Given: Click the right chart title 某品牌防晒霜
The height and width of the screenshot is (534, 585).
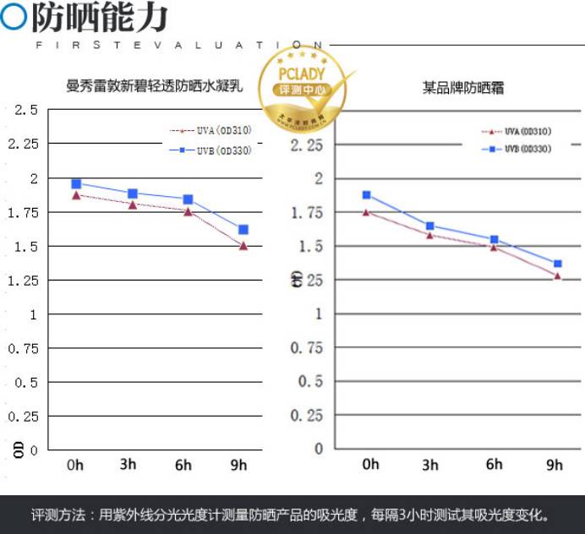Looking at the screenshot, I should pos(462,87).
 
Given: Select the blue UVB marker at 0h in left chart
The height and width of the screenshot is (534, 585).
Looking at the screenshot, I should pos(76,183).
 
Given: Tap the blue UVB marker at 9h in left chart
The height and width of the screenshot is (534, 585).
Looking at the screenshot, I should pos(243,229).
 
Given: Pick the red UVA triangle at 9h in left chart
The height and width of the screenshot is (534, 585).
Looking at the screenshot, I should pos(243,246).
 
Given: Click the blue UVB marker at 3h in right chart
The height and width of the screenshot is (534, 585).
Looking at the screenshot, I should pos(430,226).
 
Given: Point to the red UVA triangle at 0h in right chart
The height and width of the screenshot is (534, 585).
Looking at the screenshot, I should pos(367,212).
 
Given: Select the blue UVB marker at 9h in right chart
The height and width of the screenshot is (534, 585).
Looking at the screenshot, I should pos(557,264).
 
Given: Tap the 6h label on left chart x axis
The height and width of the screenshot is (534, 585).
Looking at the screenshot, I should pos(183,466).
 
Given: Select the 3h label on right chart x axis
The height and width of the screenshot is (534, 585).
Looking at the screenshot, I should pos(430,465).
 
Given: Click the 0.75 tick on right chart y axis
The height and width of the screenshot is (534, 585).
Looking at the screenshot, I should pos(307,347).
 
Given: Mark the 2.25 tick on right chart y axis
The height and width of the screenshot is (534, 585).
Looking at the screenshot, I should pos(307,145).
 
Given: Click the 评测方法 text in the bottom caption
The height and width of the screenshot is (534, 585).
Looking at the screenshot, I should pos(57,515).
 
